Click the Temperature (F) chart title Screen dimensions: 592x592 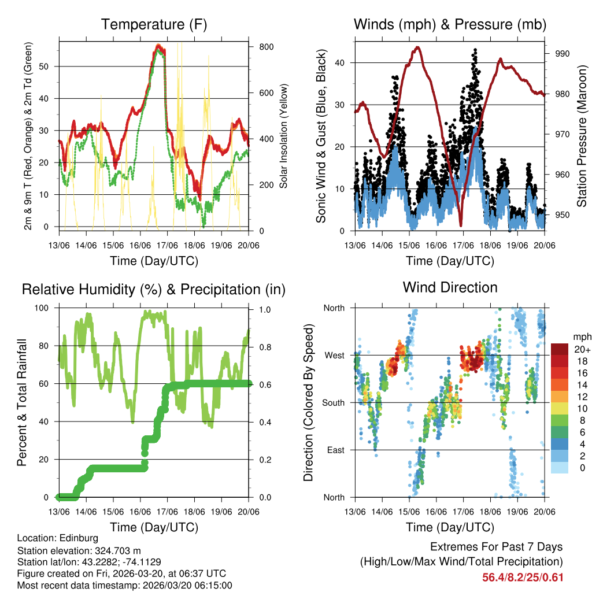pyautogui.click(x=154, y=24)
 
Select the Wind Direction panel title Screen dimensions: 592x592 pyautogui.click(x=450, y=287)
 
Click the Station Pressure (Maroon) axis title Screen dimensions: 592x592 pyautogui.click(x=582, y=134)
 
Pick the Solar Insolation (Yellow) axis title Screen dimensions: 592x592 pyautogui.click(x=284, y=136)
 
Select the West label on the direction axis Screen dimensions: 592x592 pyautogui.click(x=335, y=355)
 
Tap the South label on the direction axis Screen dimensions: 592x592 pyautogui.click(x=334, y=402)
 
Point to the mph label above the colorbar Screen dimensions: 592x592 pyautogui.click(x=581, y=336)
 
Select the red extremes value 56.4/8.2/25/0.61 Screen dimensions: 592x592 pyautogui.click(x=523, y=578)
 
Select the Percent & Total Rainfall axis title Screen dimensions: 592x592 pyautogui.click(x=22, y=402)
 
